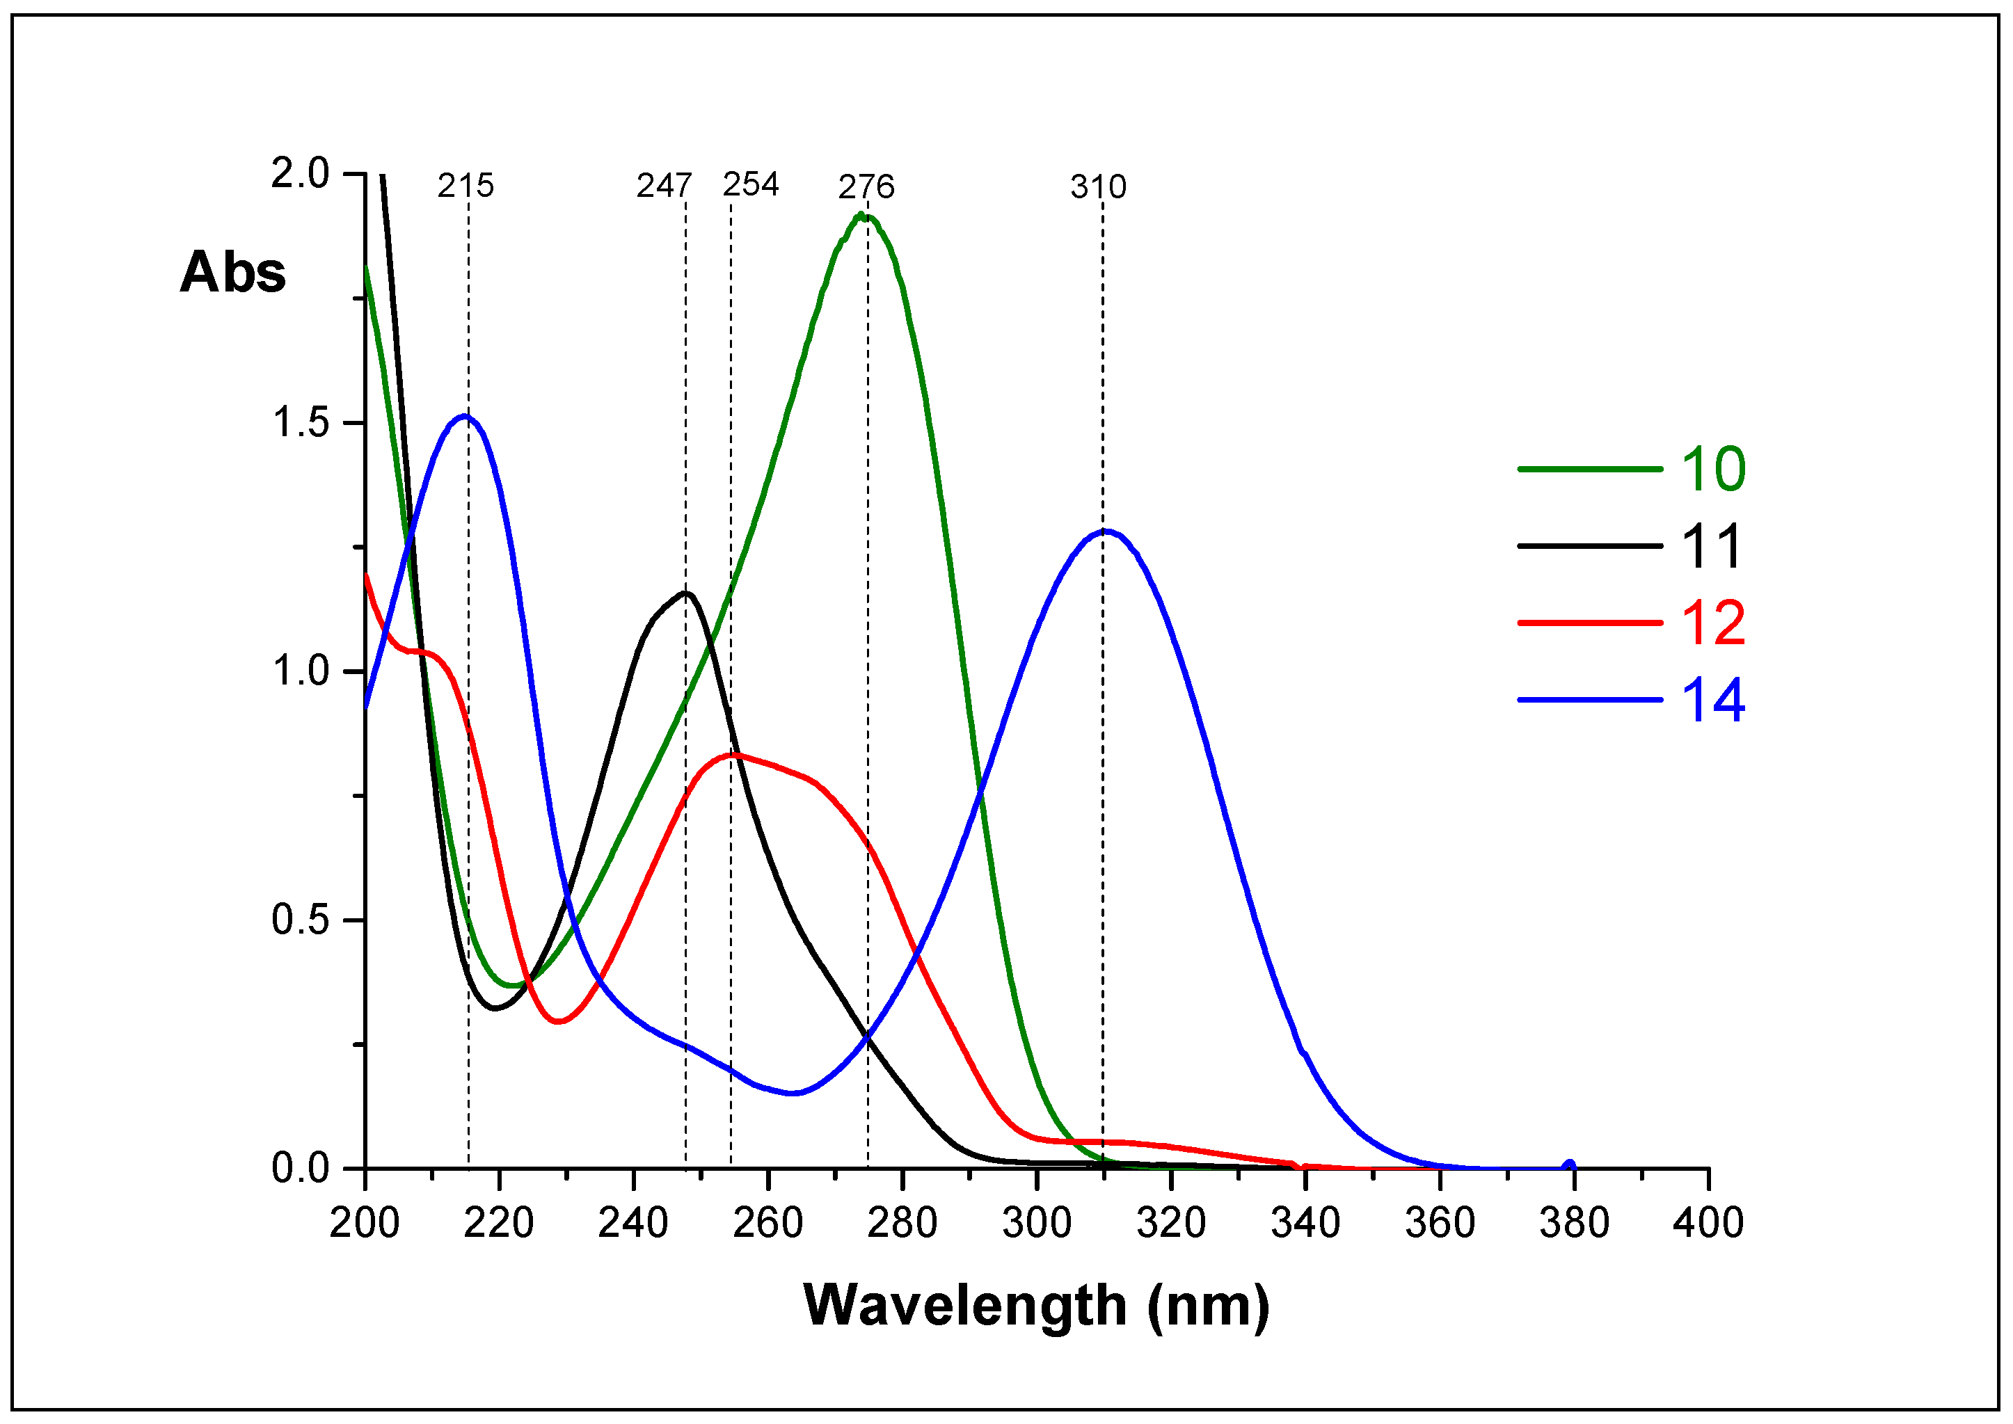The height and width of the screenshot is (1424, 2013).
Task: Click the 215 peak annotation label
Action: (x=466, y=186)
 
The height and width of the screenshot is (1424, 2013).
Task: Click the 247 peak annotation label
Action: (x=664, y=186)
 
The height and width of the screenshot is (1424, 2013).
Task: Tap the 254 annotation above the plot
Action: (x=751, y=184)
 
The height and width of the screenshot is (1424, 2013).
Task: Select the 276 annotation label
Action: (x=866, y=186)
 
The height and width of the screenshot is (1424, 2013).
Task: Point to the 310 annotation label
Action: (x=1098, y=186)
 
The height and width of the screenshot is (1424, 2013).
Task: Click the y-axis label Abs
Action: (x=232, y=272)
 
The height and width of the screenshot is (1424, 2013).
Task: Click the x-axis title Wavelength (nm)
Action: (x=1036, y=1306)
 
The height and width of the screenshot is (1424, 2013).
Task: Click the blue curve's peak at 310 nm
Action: (x=1106, y=531)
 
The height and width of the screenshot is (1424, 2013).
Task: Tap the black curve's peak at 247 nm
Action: (x=687, y=593)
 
